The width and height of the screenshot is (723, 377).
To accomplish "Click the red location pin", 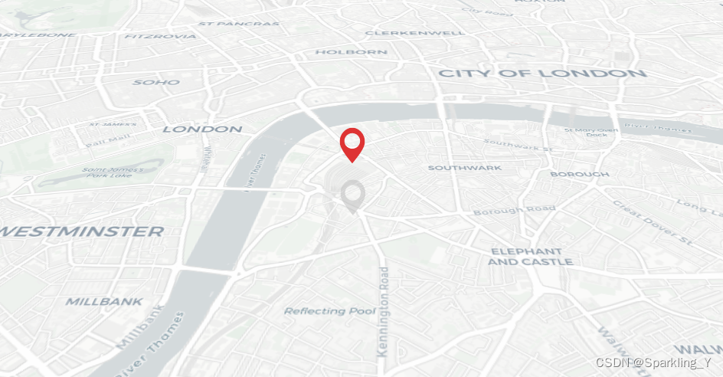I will coord(352,143).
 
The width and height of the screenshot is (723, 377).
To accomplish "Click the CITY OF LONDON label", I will coord(541,74).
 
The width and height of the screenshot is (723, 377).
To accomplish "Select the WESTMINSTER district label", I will coord(81,231).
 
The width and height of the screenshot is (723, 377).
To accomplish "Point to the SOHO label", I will coord(156,82).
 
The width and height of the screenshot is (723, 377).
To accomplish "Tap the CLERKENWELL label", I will coord(414,33).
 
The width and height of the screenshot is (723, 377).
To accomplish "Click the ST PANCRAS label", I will coord(238,24).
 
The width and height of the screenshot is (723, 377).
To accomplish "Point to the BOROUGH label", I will coord(579,174).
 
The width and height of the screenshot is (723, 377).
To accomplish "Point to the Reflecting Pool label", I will coord(329,311).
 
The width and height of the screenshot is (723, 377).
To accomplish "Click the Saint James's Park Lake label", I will coord(113,172).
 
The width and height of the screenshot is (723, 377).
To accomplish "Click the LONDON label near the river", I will coord(202,129).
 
